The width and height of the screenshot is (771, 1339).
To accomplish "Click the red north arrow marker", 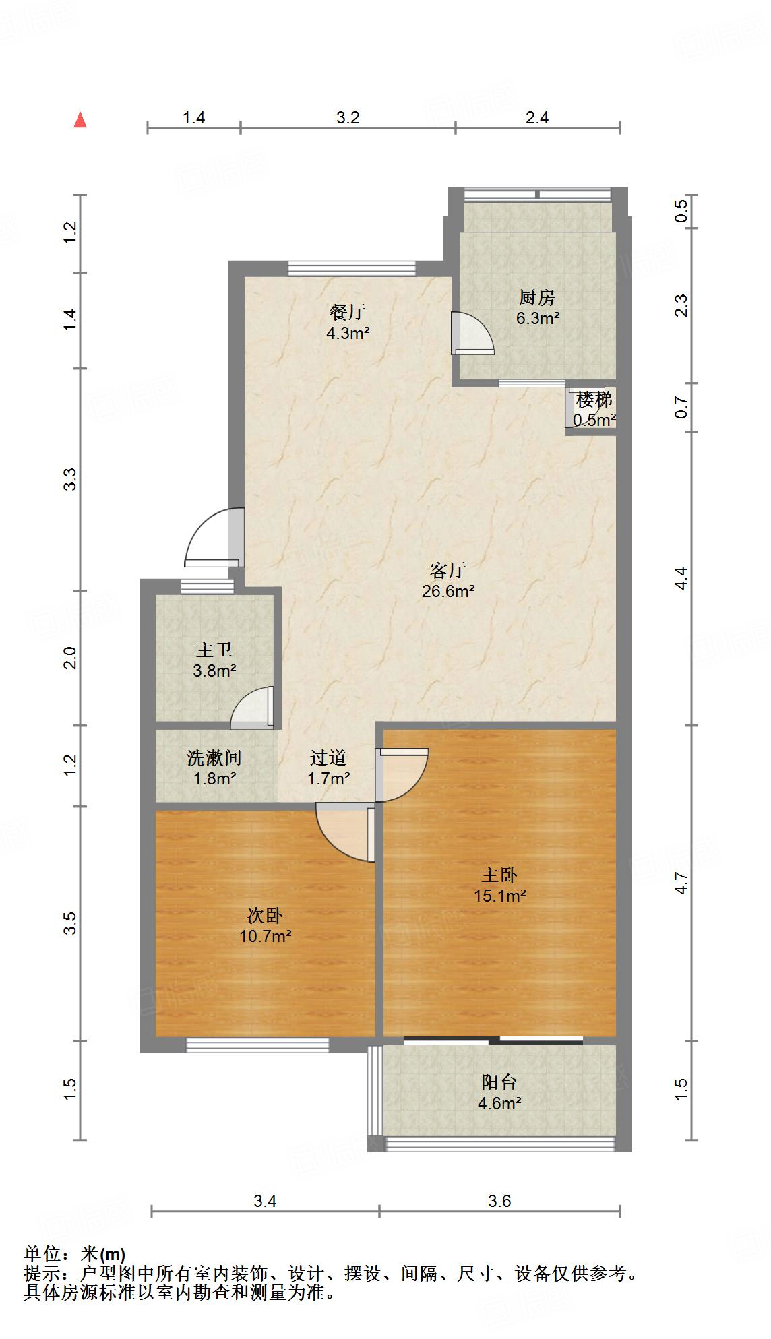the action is point(80,120).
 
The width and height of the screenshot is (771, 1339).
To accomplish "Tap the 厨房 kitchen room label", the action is point(537,297).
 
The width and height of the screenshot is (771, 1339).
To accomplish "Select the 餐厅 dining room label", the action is point(348,312).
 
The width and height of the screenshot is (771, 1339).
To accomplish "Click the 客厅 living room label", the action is point(448,571).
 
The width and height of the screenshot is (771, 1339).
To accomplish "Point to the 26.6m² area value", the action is point(448,592).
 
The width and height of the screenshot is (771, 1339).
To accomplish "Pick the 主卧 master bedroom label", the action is point(499,875).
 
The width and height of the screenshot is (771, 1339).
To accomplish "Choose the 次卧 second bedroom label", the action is point(265,916).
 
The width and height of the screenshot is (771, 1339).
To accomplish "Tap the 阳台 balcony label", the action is point(499,1082).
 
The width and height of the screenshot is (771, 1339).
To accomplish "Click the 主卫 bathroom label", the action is point(214,650).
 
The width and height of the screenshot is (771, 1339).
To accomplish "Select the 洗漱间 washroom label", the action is point(214,758).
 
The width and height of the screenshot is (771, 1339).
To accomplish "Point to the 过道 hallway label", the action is point(328,758).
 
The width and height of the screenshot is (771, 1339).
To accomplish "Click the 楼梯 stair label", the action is point(594,400).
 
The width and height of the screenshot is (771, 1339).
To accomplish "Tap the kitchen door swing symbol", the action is point(472,333).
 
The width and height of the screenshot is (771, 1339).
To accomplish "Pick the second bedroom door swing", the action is point(345,834).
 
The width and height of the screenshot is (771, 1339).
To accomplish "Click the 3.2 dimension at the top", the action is point(348,117).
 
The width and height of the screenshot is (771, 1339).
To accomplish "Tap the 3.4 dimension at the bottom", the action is point(265,1220).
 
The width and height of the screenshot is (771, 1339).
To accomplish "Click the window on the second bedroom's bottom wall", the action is point(257,1045).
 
